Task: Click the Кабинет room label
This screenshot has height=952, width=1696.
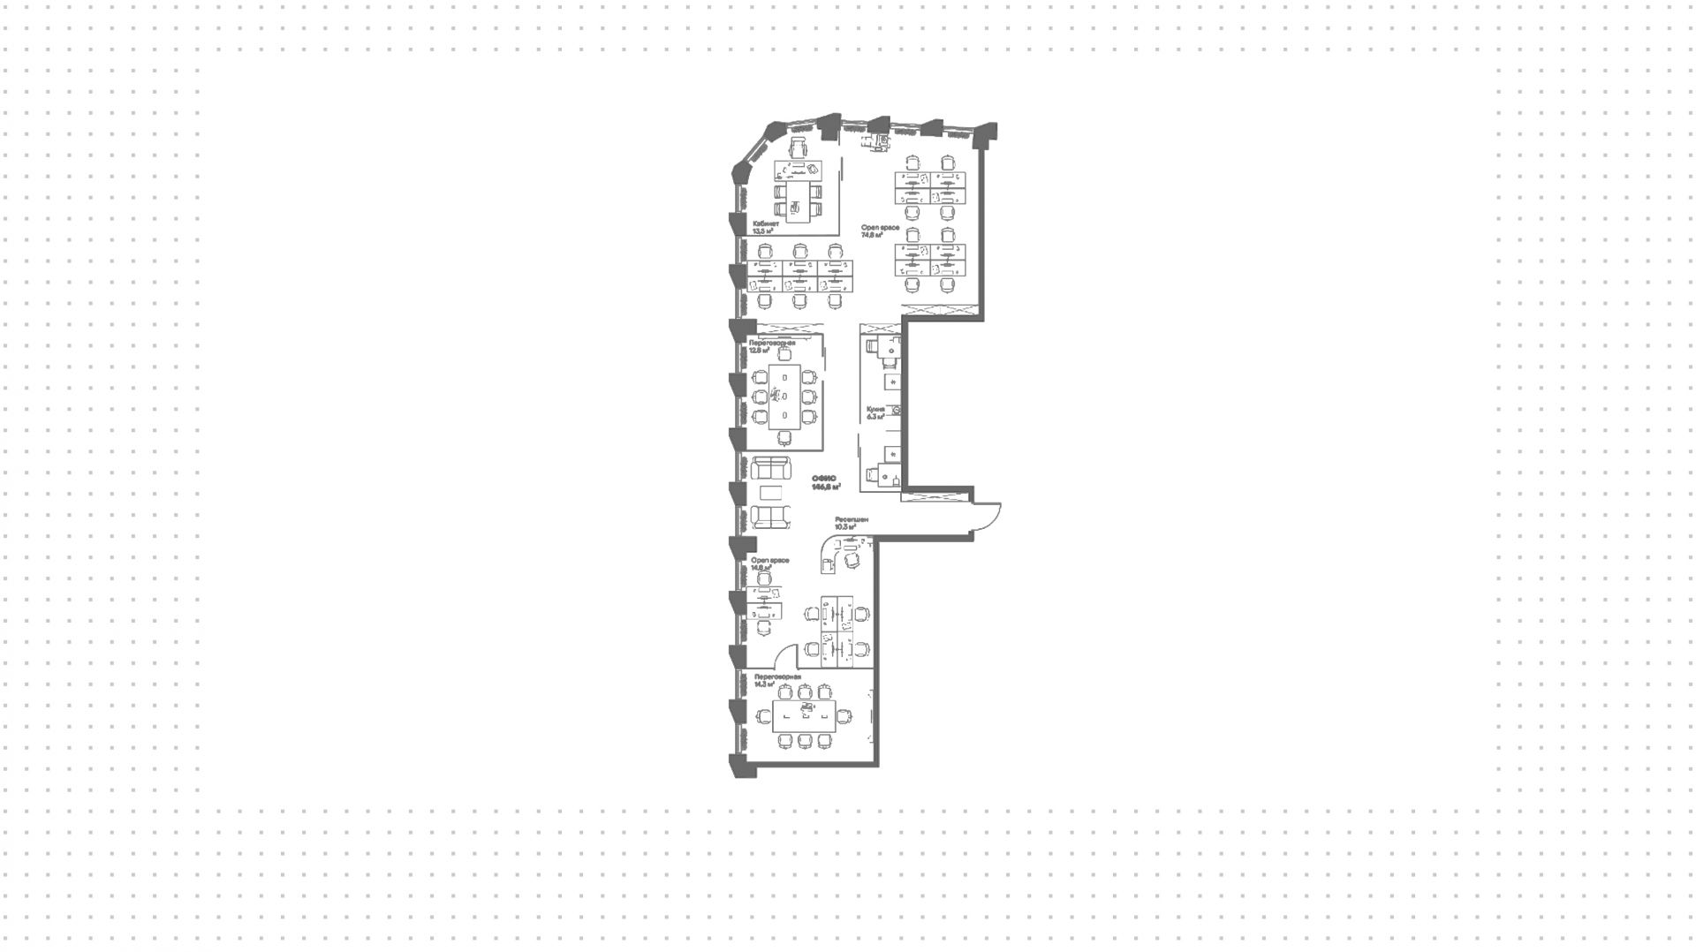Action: point(766,223)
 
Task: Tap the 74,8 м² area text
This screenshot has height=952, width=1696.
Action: point(872,236)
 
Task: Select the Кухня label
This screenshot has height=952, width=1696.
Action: point(875,410)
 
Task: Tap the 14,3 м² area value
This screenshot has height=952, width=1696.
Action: point(763,684)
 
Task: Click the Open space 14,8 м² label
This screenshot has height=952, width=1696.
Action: point(769,563)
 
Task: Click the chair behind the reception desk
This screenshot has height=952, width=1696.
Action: point(852,559)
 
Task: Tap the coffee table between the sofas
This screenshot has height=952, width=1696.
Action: point(770,493)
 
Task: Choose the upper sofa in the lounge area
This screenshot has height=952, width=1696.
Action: point(770,468)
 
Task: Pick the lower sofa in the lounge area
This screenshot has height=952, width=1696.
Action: point(770,517)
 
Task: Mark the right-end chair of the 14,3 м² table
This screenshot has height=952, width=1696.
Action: point(846,715)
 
